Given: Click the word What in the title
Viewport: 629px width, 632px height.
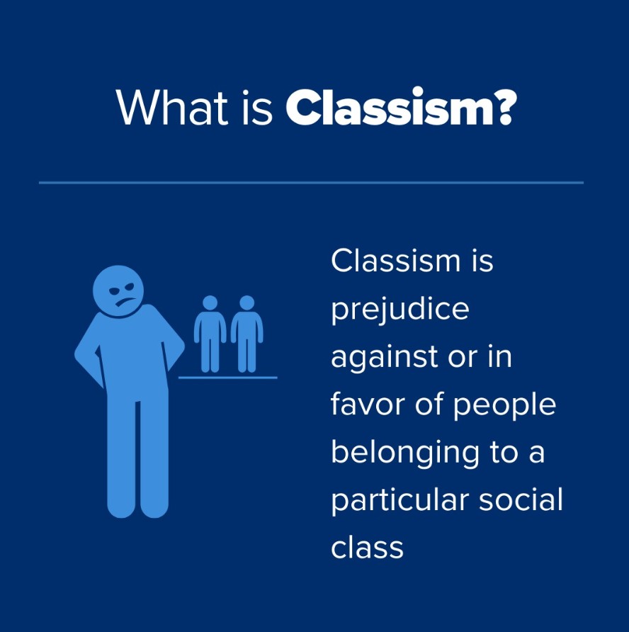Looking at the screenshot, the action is coord(172,106).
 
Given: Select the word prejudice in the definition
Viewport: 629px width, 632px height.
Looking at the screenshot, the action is coord(400,310).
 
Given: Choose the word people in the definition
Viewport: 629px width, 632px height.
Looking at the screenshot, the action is coord(504,405).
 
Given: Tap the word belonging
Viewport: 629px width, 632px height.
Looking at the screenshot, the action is coord(404,453).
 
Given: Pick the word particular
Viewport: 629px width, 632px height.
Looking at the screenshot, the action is coord(399,500).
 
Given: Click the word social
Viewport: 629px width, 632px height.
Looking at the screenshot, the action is coord(521,499).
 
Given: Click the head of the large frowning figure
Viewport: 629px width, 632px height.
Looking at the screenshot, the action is coord(118,291).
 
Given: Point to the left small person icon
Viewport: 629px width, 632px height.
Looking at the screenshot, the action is coord(210,334).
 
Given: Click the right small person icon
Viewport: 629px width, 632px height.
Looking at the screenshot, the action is coord(247,334).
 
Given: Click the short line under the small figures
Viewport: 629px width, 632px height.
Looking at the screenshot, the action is coord(227,378).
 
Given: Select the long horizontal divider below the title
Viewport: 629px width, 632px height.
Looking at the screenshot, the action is coord(311,183).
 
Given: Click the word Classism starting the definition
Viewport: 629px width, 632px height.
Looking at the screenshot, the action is coord(396,261).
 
